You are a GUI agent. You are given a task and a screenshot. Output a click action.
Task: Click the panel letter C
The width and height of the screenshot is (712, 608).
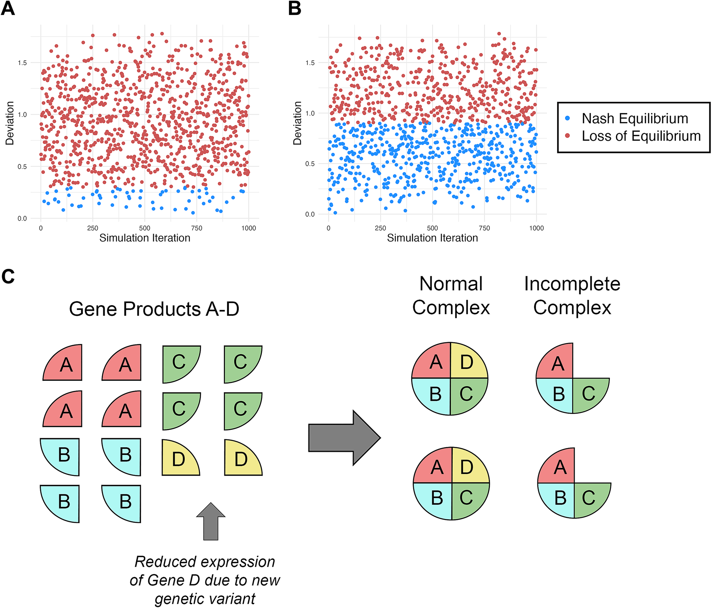pos(8,277)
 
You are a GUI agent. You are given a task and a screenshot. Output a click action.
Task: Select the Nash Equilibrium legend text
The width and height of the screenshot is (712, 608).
pos(635,118)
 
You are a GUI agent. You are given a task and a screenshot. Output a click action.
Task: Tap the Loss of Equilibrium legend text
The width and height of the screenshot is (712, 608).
pos(641,136)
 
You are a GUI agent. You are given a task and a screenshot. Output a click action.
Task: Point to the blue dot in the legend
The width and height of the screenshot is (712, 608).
pos(567,118)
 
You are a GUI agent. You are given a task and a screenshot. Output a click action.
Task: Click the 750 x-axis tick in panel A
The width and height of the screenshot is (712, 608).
pos(197,228)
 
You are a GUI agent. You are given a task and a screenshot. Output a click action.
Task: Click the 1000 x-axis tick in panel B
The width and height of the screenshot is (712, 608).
pos(536,228)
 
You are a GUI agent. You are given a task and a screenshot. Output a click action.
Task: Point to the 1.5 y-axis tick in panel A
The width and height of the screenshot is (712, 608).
pos(22,63)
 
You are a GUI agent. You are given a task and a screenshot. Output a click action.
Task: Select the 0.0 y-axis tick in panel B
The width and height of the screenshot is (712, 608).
pos(310,214)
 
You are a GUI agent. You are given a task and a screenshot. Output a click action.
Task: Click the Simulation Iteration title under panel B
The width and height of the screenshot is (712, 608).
pos(432,238)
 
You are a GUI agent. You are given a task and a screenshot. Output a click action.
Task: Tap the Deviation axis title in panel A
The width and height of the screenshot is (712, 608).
pos(10,123)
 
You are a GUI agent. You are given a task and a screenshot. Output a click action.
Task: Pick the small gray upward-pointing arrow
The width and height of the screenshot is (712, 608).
pos(211,521)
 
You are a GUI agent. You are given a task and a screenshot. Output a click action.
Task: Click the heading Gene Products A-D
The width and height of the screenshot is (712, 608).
pos(154,309)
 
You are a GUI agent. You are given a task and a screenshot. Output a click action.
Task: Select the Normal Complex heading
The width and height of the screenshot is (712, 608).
pos(451,296)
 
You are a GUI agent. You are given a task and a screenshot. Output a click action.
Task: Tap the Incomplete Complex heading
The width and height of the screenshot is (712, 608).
pos(572,296)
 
